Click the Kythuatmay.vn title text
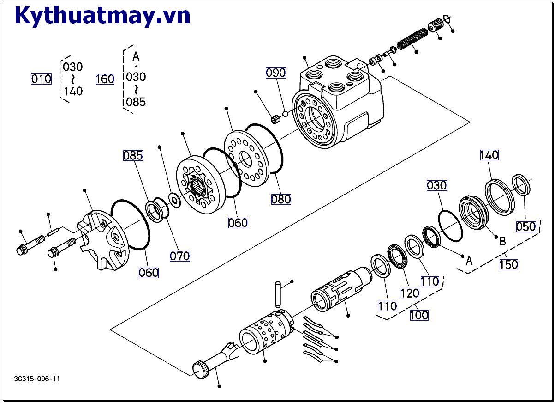pyautogui.click(x=102, y=16)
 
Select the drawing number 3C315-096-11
pyautogui.click(x=37, y=379)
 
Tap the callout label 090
pyautogui.click(x=275, y=73)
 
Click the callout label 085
pyautogui.click(x=133, y=155)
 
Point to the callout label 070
pyautogui.click(x=179, y=256)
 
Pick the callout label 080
pyautogui.click(x=281, y=199)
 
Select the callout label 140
pyautogui.click(x=489, y=155)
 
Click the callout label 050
pyautogui.click(x=526, y=226)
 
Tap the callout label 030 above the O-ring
pyautogui.click(x=436, y=185)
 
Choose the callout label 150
pyautogui.click(x=508, y=265)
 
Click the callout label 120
pyautogui.click(x=410, y=293)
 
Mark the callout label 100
pyautogui.click(x=419, y=315)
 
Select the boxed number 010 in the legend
pyautogui.click(x=41, y=79)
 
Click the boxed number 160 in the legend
pyautogui.click(x=105, y=79)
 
